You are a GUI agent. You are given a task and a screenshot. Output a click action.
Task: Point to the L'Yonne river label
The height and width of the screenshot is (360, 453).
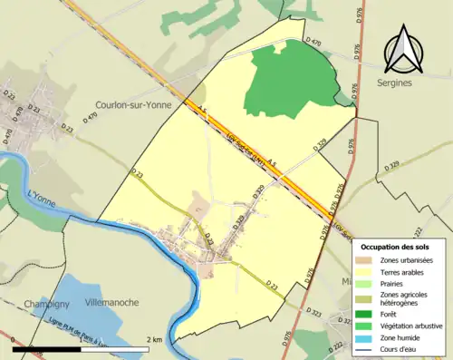coord(43,193)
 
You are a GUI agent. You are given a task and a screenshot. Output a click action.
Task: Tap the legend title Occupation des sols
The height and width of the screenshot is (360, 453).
coord(395,247)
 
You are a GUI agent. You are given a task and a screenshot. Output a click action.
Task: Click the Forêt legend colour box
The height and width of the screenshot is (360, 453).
coord(365,316)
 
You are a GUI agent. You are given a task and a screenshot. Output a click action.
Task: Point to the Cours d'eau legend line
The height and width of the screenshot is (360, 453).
coord(365,348)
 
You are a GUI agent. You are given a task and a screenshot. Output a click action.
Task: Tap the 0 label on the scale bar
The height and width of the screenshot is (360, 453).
coord(15,339)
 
